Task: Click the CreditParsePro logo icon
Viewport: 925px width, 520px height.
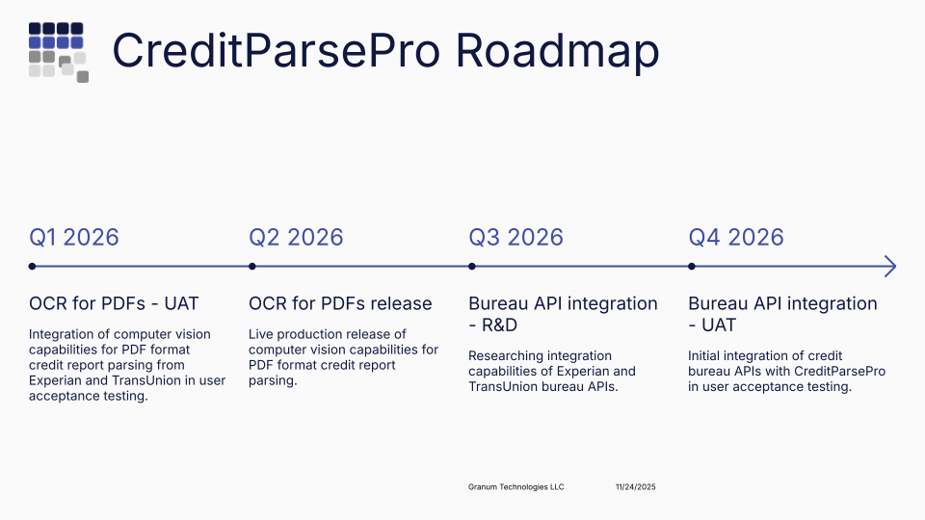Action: [x=58, y=52]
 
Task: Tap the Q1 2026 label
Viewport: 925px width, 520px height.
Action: [x=74, y=237]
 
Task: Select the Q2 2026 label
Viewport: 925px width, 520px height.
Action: [x=296, y=237]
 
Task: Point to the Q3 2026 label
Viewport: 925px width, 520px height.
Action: [x=515, y=237]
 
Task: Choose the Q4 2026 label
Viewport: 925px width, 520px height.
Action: [x=736, y=237]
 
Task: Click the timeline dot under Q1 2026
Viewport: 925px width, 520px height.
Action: [x=32, y=267]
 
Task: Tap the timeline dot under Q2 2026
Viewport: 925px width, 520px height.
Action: [x=252, y=267]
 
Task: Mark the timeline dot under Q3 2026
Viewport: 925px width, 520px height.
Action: [x=472, y=267]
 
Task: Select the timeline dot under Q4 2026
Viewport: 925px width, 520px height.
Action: [x=692, y=267]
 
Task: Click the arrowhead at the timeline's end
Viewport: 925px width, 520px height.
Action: [x=890, y=267]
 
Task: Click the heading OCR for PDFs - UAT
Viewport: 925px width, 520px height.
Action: [x=114, y=303]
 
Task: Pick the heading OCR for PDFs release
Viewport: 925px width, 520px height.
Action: [x=340, y=303]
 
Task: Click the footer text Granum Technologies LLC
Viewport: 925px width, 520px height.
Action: [x=515, y=487]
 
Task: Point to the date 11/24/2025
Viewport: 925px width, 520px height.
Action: [x=635, y=487]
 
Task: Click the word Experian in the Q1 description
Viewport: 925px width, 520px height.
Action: [x=59, y=380]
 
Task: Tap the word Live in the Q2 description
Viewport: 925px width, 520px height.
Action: [x=261, y=334]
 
